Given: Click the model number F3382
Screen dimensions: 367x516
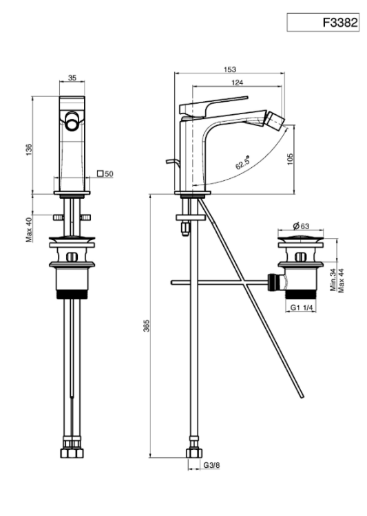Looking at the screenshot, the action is click(x=339, y=23).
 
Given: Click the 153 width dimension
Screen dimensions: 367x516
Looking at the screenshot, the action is click(x=229, y=69).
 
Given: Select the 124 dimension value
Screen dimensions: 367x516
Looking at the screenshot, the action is click(x=237, y=83).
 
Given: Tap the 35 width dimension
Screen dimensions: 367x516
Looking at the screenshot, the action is click(x=72, y=78).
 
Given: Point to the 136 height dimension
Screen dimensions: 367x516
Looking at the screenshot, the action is click(x=30, y=150).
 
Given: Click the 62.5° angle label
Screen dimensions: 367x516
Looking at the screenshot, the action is click(x=242, y=162).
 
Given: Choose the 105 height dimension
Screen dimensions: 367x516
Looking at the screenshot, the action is click(x=290, y=159).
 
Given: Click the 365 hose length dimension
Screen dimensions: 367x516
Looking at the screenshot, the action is click(x=146, y=325).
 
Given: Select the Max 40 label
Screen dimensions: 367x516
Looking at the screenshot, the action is click(x=29, y=230).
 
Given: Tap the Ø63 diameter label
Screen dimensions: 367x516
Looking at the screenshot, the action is click(x=301, y=226).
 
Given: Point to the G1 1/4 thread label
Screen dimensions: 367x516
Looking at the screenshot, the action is click(x=301, y=308).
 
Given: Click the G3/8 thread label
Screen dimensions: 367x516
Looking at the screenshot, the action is click(x=211, y=465).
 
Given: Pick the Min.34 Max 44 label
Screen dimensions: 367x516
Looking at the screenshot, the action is click(x=337, y=280).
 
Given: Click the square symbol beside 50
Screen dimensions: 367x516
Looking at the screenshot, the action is click(x=101, y=173).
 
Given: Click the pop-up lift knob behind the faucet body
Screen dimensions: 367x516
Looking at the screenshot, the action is click(x=172, y=162).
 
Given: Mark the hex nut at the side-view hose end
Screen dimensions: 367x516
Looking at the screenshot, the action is click(x=194, y=453).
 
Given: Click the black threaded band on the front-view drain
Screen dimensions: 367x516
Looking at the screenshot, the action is click(x=72, y=294).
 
